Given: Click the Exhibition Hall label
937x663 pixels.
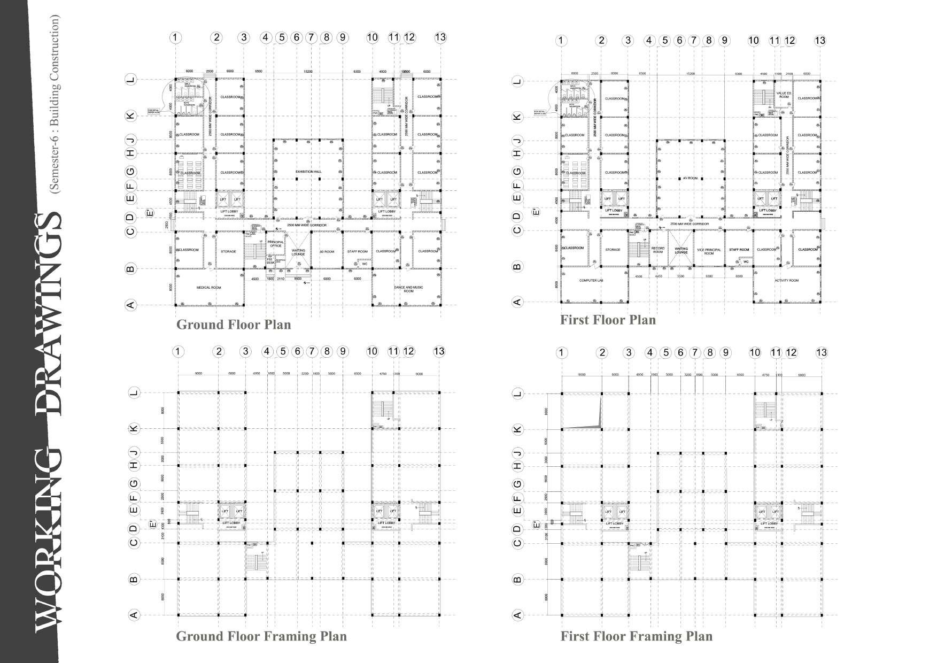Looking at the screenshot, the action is tap(308, 172).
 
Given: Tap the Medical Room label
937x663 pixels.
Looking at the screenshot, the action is tap(208, 288).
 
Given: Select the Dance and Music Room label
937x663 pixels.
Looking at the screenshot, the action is tap(408, 289).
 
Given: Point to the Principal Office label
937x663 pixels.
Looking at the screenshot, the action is tap(275, 244).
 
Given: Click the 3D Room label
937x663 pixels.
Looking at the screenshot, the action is tap(327, 251).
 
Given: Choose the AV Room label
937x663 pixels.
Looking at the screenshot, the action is tap(690, 178).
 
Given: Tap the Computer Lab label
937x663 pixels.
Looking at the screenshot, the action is tap(591, 280).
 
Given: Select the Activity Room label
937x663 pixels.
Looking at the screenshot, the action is tap(786, 280).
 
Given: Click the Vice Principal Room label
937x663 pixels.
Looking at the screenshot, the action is tap(709, 251).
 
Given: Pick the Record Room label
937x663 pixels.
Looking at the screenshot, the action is tap(658, 250).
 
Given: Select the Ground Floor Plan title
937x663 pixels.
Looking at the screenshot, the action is tap(234, 325).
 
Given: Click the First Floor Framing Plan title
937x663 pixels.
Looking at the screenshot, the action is tap(636, 636).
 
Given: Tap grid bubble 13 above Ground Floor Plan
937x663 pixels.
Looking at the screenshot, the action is tap(440, 37).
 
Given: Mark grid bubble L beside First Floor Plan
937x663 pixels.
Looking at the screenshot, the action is tap(517, 82).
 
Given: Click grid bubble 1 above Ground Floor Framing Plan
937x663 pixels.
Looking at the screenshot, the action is tap(179, 351).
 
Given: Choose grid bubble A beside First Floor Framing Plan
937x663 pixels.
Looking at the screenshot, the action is tap(517, 615).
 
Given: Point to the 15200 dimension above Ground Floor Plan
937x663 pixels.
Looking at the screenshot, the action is tap(308, 71).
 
